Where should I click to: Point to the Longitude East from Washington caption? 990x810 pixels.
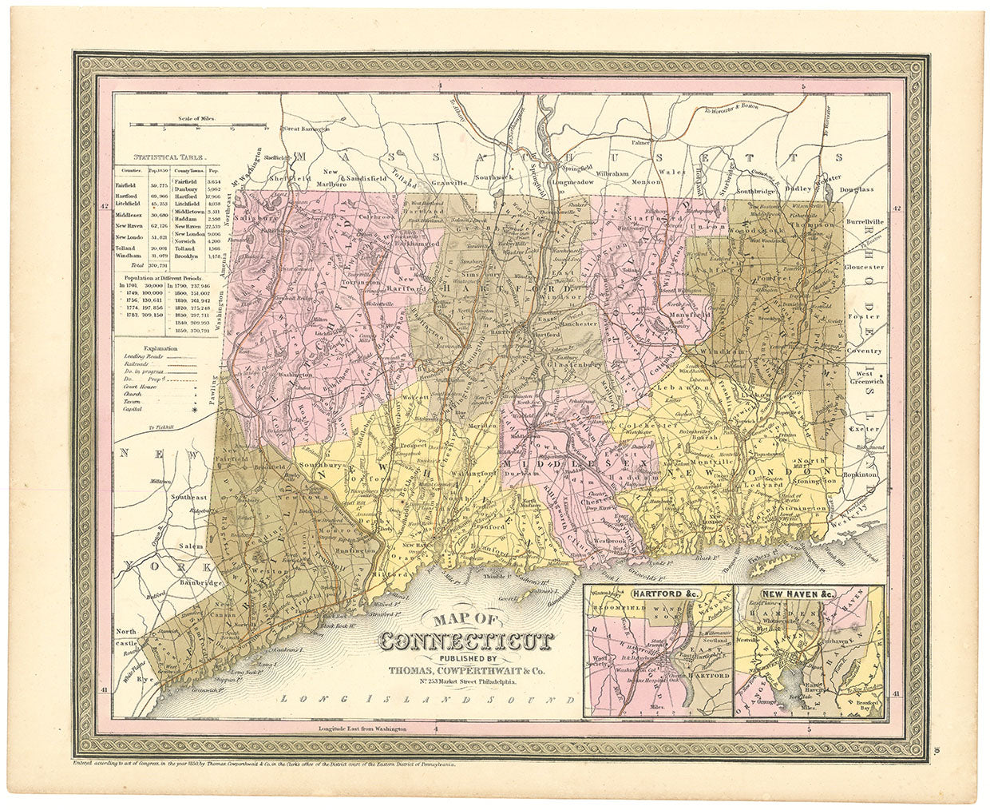tap(362, 729)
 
